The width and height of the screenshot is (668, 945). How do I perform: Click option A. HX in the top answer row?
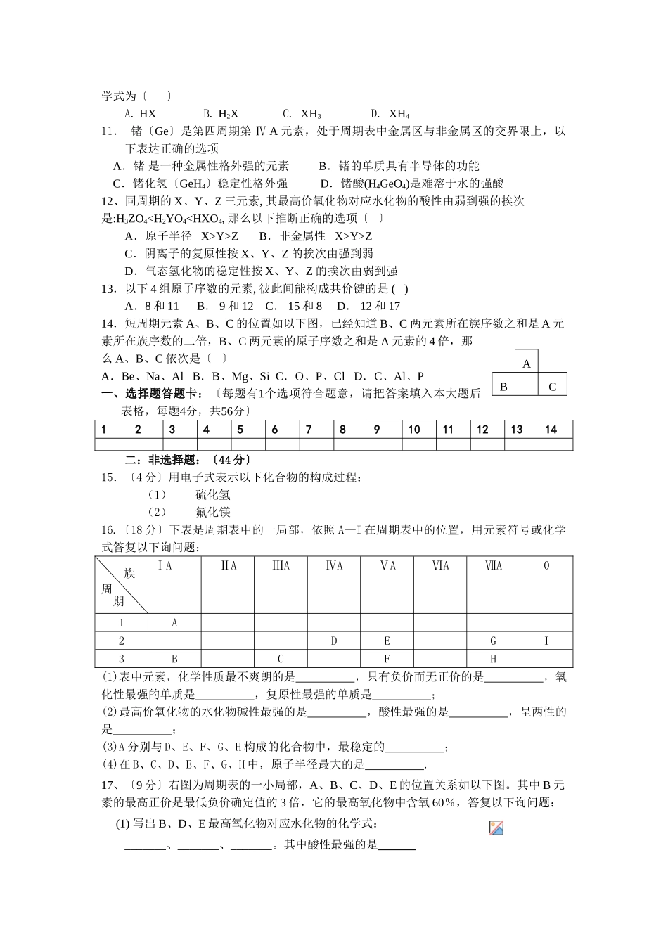(141, 113)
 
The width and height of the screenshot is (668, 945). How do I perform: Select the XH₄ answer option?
(391, 113)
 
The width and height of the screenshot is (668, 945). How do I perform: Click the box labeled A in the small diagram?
(527, 364)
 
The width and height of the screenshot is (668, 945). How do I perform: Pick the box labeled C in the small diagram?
(552, 386)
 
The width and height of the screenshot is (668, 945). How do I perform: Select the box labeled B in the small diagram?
(503, 386)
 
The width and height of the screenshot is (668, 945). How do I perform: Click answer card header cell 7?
(309, 429)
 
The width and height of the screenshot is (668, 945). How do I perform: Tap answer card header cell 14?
(551, 429)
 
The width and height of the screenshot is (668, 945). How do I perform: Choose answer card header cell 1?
(104, 429)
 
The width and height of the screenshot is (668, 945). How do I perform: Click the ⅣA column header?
(334, 565)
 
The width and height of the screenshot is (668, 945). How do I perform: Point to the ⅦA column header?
(494, 565)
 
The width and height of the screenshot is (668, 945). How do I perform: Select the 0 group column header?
(546, 565)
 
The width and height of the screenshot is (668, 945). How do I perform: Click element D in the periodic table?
(334, 641)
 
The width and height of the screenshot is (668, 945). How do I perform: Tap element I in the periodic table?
(546, 641)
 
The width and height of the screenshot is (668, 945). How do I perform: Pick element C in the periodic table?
(281, 659)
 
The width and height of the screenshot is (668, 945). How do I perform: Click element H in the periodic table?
(494, 659)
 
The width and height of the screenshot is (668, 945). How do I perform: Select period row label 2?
(122, 641)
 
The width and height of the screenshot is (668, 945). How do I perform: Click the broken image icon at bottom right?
(496, 828)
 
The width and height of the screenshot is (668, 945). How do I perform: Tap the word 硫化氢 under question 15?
(213, 495)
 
